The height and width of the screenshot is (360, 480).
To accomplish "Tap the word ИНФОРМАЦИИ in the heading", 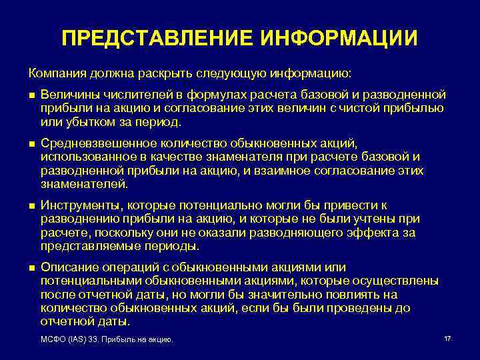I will point(336,38).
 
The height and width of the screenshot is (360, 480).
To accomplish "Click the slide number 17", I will point(447,339).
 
